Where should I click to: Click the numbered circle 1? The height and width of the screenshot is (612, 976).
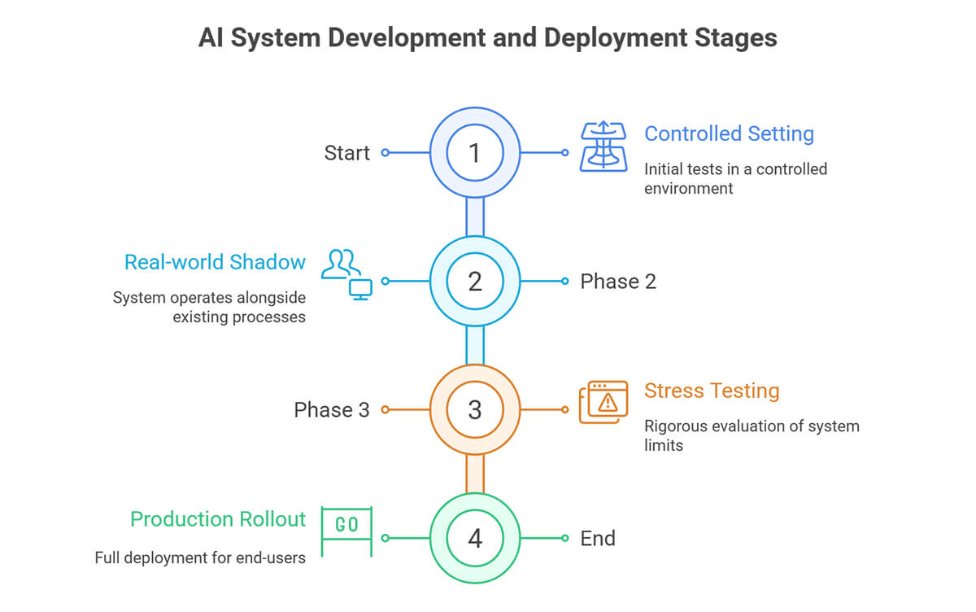coord(475,152)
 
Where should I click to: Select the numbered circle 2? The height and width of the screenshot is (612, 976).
coord(475,281)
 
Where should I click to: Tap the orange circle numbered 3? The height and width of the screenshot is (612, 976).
coord(475,409)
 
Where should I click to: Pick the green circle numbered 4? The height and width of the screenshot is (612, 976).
coord(475,538)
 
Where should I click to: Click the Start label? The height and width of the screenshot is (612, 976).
coord(346,153)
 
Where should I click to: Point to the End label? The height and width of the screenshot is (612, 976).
coord(598,538)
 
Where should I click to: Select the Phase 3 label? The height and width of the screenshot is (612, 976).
coord(332,410)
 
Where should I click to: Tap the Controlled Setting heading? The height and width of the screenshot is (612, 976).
coord(729,133)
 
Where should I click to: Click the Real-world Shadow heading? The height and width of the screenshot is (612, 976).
coord(215,262)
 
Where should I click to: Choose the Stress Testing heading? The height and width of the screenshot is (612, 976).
coord(712,391)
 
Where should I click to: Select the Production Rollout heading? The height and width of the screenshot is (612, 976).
coord(218,519)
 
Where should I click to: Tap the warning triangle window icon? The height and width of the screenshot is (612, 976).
coord(603,402)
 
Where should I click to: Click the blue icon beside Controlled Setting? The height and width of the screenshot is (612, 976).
coord(603,146)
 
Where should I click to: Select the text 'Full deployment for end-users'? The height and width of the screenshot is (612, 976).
coord(200,558)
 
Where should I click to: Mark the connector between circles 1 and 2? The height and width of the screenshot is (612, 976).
coord(475,216)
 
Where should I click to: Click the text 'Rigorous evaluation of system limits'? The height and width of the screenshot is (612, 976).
coord(752,435)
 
